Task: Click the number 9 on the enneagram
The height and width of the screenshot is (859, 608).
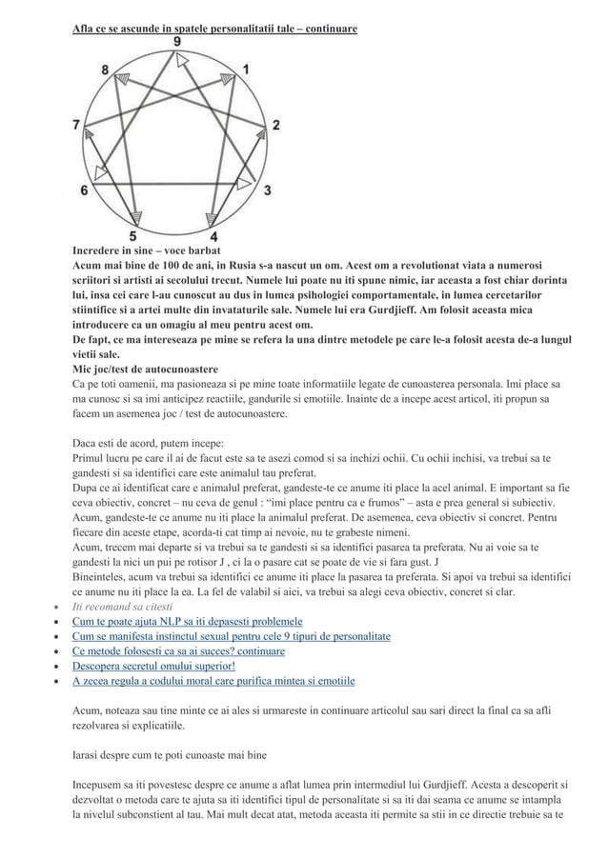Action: tap(178, 42)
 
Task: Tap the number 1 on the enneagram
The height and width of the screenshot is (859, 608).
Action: tap(247, 70)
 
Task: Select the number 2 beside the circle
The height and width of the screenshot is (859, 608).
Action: tap(276, 125)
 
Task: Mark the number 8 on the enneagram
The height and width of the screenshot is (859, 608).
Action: tap(105, 70)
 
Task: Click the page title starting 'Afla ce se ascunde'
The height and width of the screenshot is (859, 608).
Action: tap(214, 30)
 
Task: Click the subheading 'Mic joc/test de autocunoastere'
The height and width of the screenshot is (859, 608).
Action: tap(146, 369)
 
